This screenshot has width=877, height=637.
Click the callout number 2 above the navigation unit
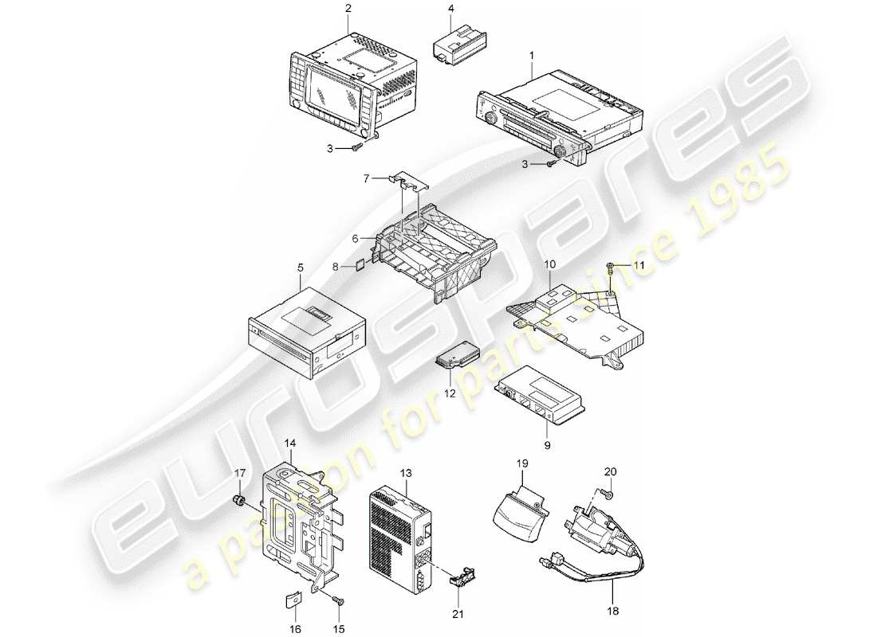348,9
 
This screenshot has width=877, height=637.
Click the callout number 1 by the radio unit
530,56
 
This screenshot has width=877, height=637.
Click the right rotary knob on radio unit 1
565,150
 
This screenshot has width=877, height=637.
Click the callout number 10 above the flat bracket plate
549,263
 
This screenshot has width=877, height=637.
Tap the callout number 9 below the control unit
546,446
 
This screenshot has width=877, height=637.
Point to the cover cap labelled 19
521,516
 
